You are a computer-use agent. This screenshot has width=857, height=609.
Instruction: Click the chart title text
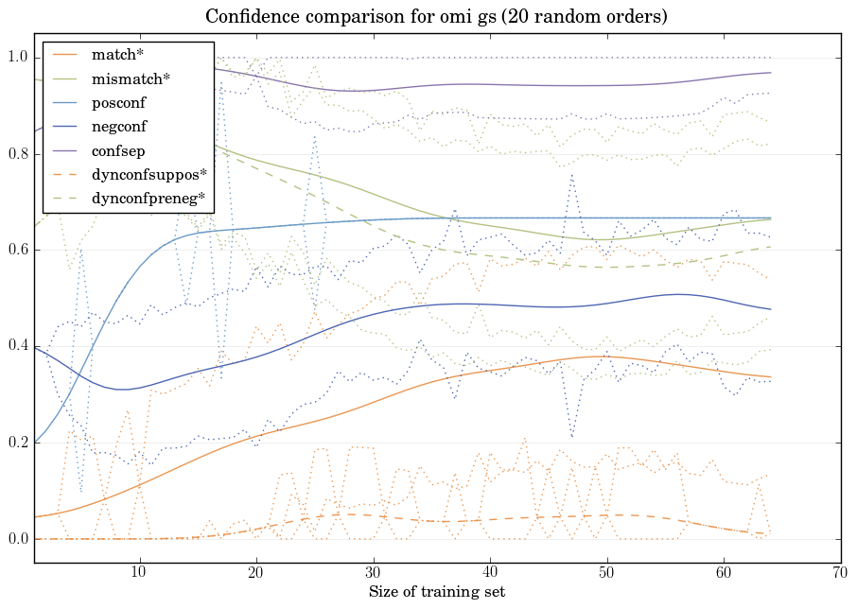428,17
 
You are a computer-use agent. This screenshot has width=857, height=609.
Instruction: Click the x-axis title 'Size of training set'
436,593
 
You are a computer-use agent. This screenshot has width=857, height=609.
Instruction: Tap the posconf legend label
118,102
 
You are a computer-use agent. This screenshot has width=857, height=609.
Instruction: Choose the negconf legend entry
118,126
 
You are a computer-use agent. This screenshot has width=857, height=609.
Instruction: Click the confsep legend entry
116,149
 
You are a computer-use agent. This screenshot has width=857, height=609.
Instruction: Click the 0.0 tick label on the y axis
16,539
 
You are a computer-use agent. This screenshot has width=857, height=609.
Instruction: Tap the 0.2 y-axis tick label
16,443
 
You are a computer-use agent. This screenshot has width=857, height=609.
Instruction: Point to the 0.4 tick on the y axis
16,347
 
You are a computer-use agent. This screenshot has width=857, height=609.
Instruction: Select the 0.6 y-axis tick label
16,251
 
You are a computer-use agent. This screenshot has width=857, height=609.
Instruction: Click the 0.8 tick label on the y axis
16,154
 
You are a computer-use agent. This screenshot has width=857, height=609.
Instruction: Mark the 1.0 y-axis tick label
16,59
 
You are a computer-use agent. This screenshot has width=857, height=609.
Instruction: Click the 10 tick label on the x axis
139,573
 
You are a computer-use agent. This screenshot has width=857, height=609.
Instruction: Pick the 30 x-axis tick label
373,573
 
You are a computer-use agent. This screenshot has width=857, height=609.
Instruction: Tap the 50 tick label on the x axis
606,573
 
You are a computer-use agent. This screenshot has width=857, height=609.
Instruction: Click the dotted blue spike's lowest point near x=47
571,436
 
